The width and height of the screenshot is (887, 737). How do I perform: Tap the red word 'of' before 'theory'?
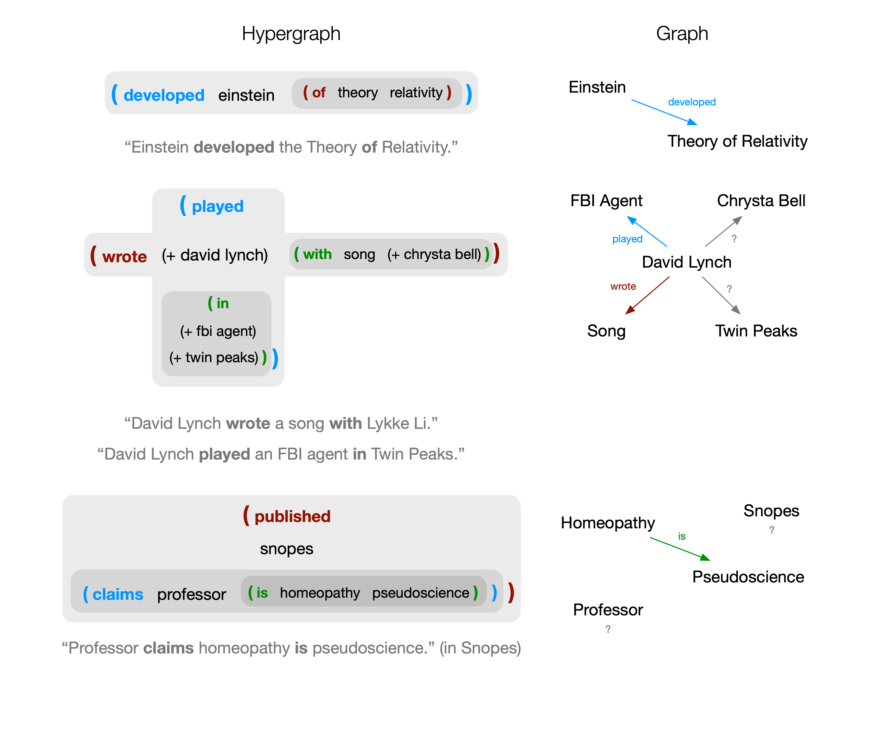tap(319, 92)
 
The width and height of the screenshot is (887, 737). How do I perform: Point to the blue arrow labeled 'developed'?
tap(664, 112)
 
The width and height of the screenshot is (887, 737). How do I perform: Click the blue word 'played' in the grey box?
tap(218, 206)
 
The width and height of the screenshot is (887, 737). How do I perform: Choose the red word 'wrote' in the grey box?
tap(125, 256)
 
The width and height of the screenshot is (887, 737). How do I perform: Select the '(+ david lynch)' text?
tap(215, 255)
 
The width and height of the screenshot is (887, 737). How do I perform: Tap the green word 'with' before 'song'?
tap(317, 254)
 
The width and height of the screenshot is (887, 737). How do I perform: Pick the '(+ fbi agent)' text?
tap(218, 331)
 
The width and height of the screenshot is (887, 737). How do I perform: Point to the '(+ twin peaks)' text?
tap(213, 358)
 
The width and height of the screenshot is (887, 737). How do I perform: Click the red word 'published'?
tap(292, 516)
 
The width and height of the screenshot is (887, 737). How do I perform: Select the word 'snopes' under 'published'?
tap(286, 549)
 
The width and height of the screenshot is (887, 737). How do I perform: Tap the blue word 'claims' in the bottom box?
tap(118, 594)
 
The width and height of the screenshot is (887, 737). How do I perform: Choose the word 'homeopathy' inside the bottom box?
tap(320, 593)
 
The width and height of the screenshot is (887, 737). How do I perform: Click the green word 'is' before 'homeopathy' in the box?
tap(262, 593)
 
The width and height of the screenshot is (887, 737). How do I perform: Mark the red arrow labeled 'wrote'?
tap(647, 295)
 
